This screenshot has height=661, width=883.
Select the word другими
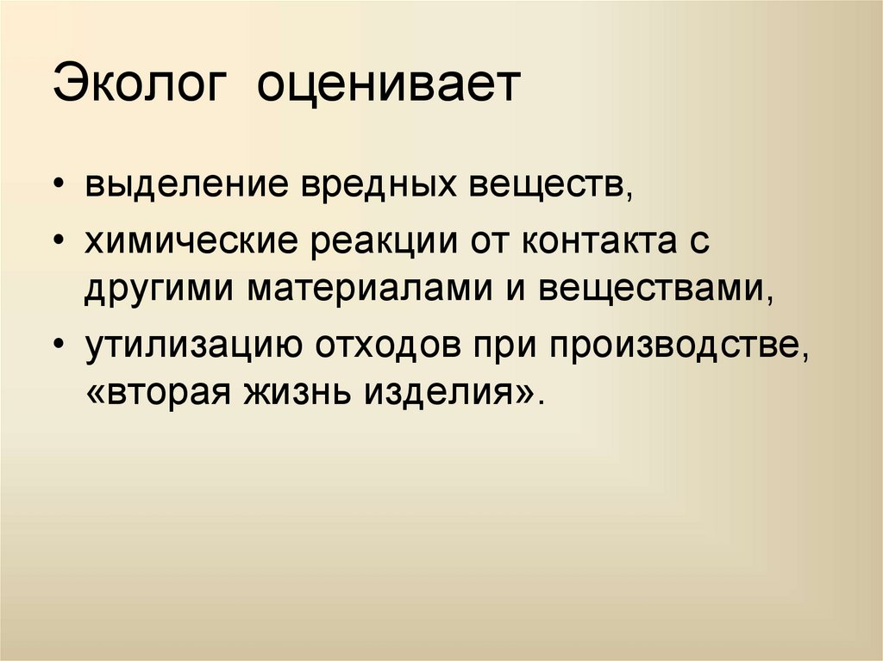[x=160, y=288]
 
